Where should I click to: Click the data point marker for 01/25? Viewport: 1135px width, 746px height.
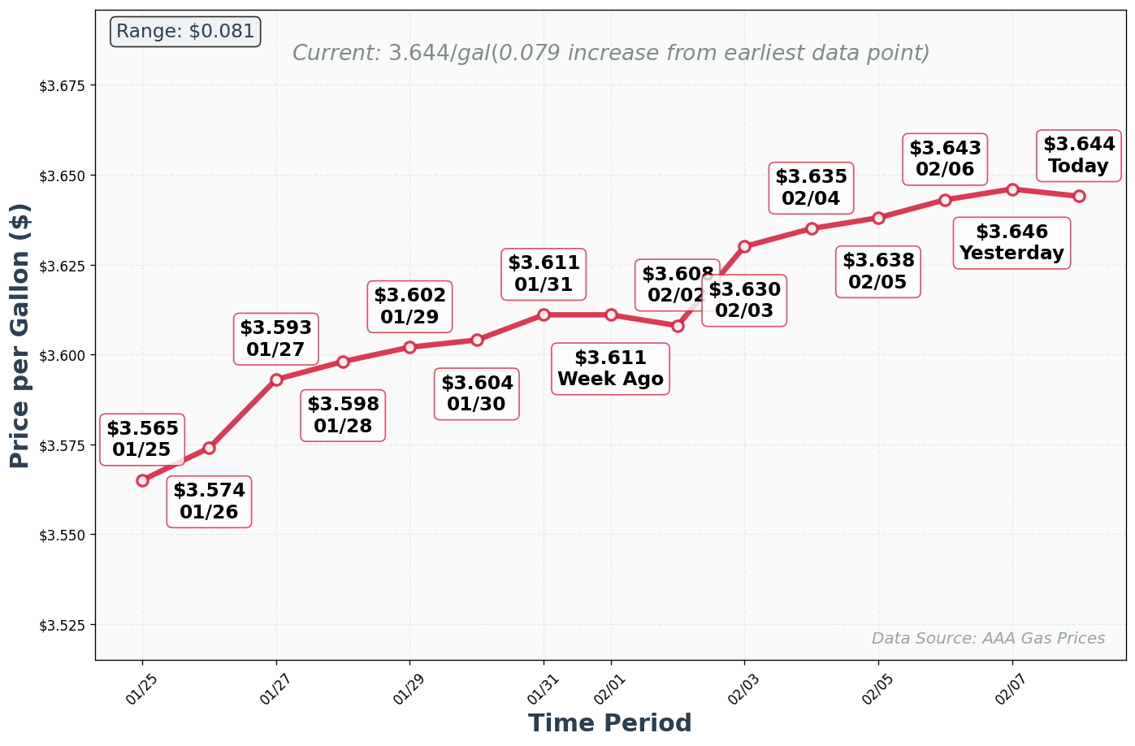[x=142, y=480]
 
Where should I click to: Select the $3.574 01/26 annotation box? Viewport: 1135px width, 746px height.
[x=209, y=501]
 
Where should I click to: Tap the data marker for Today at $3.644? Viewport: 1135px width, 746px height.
[x=1079, y=196]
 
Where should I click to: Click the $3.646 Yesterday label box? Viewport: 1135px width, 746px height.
[x=1012, y=243]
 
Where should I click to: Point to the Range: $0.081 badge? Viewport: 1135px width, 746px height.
[x=185, y=32]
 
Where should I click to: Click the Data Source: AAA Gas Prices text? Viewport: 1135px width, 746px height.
[x=988, y=639]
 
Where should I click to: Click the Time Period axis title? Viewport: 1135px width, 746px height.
[x=609, y=723]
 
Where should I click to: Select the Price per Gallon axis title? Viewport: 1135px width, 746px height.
[x=20, y=336]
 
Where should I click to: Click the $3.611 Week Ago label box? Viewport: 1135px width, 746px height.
[x=610, y=369]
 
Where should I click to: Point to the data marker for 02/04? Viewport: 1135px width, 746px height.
[x=812, y=228]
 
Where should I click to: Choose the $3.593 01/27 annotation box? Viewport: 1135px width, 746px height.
[x=275, y=339]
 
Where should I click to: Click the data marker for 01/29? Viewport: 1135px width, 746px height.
[x=409, y=347]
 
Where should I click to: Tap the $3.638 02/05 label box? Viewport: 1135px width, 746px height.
[x=878, y=271]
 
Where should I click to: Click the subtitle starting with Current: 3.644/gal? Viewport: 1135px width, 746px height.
[x=610, y=54]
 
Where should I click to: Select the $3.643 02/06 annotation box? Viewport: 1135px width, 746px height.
[x=945, y=159]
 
